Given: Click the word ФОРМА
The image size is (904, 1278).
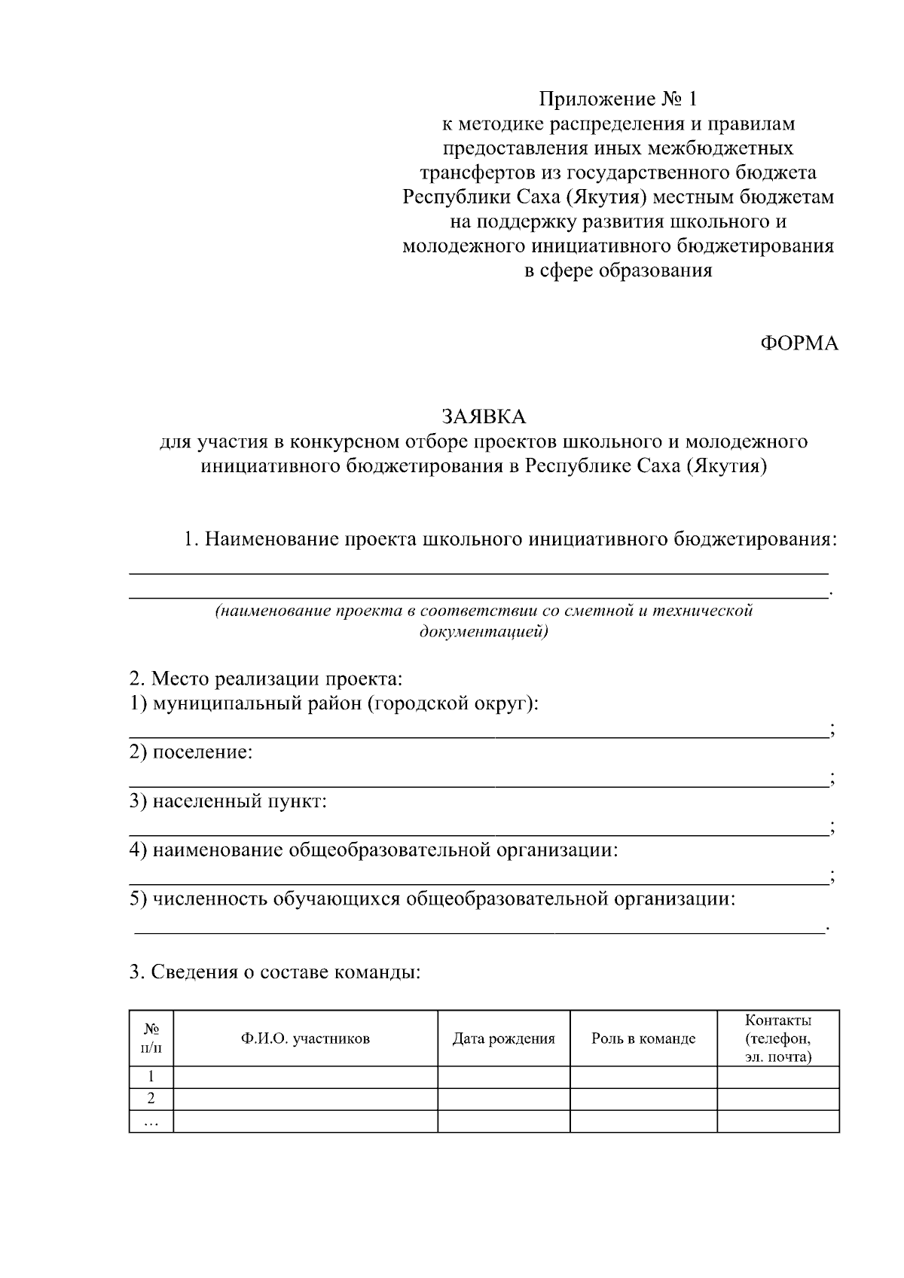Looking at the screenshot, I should (x=799, y=343).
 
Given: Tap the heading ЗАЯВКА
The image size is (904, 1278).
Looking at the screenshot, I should (x=484, y=416).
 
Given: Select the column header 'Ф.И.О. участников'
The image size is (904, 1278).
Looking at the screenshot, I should (x=305, y=1039).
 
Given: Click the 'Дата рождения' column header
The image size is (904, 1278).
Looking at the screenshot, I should (x=503, y=1039).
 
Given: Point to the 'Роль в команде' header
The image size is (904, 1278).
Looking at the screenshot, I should (x=643, y=1039).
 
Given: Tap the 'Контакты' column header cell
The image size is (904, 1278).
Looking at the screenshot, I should (x=777, y=1039).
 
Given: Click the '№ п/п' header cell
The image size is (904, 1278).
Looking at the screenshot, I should (x=151, y=1039).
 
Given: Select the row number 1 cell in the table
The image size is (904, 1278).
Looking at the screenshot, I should (x=151, y=1077).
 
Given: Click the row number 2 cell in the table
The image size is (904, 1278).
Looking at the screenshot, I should (x=151, y=1099).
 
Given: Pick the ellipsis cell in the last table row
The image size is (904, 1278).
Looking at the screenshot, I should (x=151, y=1121).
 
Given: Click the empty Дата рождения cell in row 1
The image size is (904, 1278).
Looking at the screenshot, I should (x=503, y=1077).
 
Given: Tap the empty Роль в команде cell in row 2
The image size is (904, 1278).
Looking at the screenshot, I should (x=643, y=1099).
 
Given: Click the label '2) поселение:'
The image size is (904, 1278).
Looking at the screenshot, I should (x=191, y=752).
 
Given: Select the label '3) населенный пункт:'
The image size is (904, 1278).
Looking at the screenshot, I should (x=228, y=801).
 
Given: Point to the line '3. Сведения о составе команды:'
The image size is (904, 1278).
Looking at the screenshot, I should (x=274, y=972).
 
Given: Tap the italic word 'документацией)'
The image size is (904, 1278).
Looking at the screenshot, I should (x=484, y=630).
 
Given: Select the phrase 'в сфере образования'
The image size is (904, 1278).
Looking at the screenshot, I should (x=618, y=270).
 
